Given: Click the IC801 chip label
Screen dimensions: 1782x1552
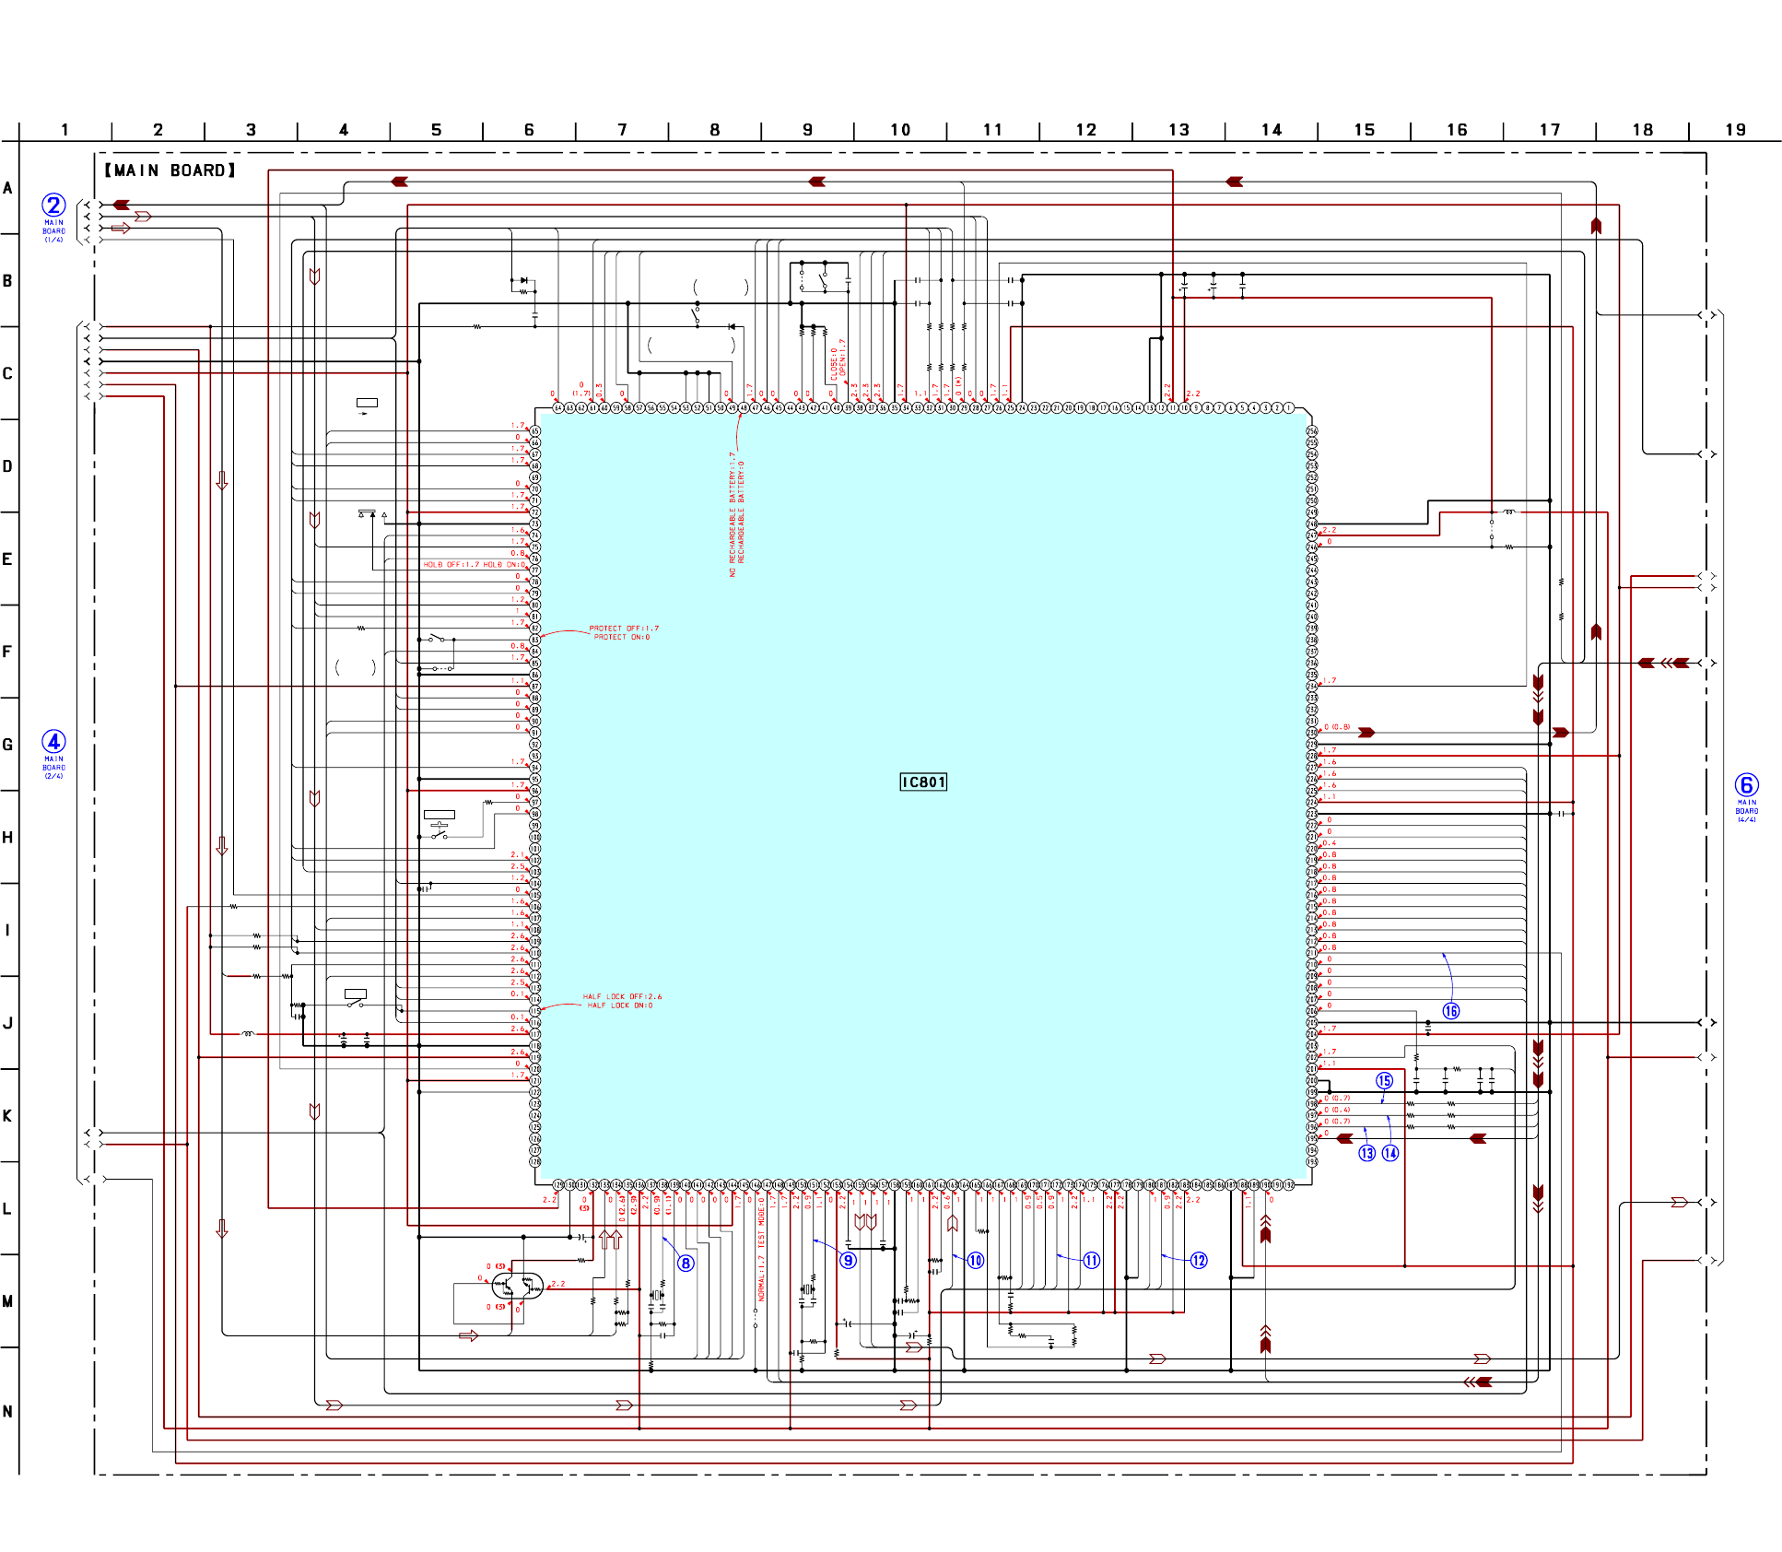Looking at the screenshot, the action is tap(923, 782).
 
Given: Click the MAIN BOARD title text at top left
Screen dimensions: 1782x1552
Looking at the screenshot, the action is tap(170, 170).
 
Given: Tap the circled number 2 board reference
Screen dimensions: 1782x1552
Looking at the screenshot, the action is tap(53, 205).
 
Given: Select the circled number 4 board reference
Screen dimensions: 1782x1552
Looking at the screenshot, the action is tap(53, 741).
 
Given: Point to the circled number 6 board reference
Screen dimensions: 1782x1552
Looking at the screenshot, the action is tap(1746, 784).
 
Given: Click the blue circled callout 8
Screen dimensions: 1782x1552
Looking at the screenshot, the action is tap(686, 1263).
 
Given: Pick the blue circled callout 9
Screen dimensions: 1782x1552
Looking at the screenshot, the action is tap(848, 1260).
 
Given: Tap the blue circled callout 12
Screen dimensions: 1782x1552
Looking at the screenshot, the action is tap(1198, 1260).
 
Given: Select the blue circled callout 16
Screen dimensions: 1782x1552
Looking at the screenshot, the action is tap(1450, 1011).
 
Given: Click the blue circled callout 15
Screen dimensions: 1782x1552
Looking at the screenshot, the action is tap(1384, 1080).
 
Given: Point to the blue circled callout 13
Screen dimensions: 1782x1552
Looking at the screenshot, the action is tap(1366, 1153).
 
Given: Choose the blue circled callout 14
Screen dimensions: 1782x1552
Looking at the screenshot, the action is tap(1389, 1153).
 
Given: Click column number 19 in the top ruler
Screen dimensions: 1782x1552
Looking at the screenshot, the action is tap(1735, 130).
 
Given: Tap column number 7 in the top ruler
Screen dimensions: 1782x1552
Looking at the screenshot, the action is tap(622, 130).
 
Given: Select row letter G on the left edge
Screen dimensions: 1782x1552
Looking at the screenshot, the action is tap(7, 745).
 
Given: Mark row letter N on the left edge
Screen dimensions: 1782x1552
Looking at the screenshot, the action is tap(7, 1411).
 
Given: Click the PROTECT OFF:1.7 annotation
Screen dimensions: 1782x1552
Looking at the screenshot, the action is tap(624, 629).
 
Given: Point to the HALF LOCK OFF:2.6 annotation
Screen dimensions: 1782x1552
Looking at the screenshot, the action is tap(622, 996).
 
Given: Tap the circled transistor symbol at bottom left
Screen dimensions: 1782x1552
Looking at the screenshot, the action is tap(517, 1285).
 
